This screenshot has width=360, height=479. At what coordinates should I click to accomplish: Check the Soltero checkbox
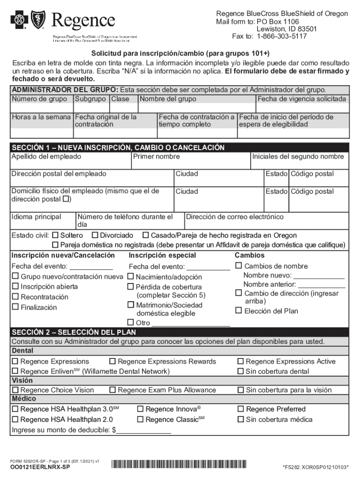[55, 235]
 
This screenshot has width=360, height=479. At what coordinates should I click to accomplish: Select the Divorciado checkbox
[95, 235]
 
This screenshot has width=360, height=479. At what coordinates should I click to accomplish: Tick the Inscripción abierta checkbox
[15, 286]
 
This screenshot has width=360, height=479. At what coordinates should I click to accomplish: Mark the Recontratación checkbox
[15, 297]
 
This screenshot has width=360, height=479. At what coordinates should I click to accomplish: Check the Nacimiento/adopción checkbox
[131, 276]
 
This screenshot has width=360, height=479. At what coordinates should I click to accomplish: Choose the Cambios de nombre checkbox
[238, 266]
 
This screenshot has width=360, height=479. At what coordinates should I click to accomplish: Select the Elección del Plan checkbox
[238, 311]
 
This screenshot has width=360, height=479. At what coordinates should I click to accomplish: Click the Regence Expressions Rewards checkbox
[113, 361]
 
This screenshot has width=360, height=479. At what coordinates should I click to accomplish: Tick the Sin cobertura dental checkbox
[241, 371]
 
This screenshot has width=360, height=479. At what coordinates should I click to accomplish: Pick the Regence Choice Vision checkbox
[15, 390]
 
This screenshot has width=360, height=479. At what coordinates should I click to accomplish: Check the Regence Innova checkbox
[140, 409]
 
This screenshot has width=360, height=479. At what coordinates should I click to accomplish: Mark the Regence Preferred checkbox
[241, 409]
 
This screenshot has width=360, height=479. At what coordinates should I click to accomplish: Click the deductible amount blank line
[144, 430]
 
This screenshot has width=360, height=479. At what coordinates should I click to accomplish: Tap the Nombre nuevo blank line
[319, 276]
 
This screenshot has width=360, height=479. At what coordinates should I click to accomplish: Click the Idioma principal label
[36, 217]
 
